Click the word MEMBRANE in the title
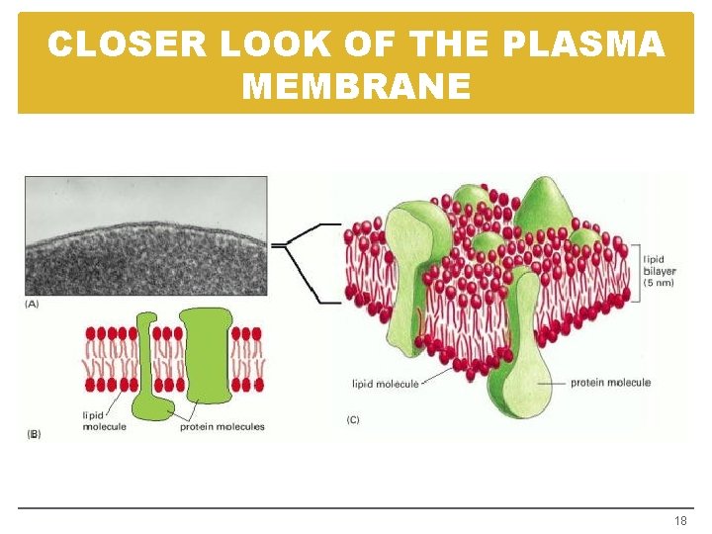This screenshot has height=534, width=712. [x=356, y=87]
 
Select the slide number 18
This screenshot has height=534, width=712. [x=679, y=520]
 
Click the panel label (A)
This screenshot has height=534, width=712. [x=32, y=304]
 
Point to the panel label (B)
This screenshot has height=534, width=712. [x=34, y=433]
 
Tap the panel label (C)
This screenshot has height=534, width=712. [x=353, y=420]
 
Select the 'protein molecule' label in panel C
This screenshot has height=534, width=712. [x=610, y=383]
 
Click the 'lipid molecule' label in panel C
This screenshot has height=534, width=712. [x=386, y=384]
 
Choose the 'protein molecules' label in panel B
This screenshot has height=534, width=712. [x=222, y=427]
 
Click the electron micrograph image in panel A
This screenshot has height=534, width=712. [x=145, y=235]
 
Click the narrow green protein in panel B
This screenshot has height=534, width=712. [x=148, y=366]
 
